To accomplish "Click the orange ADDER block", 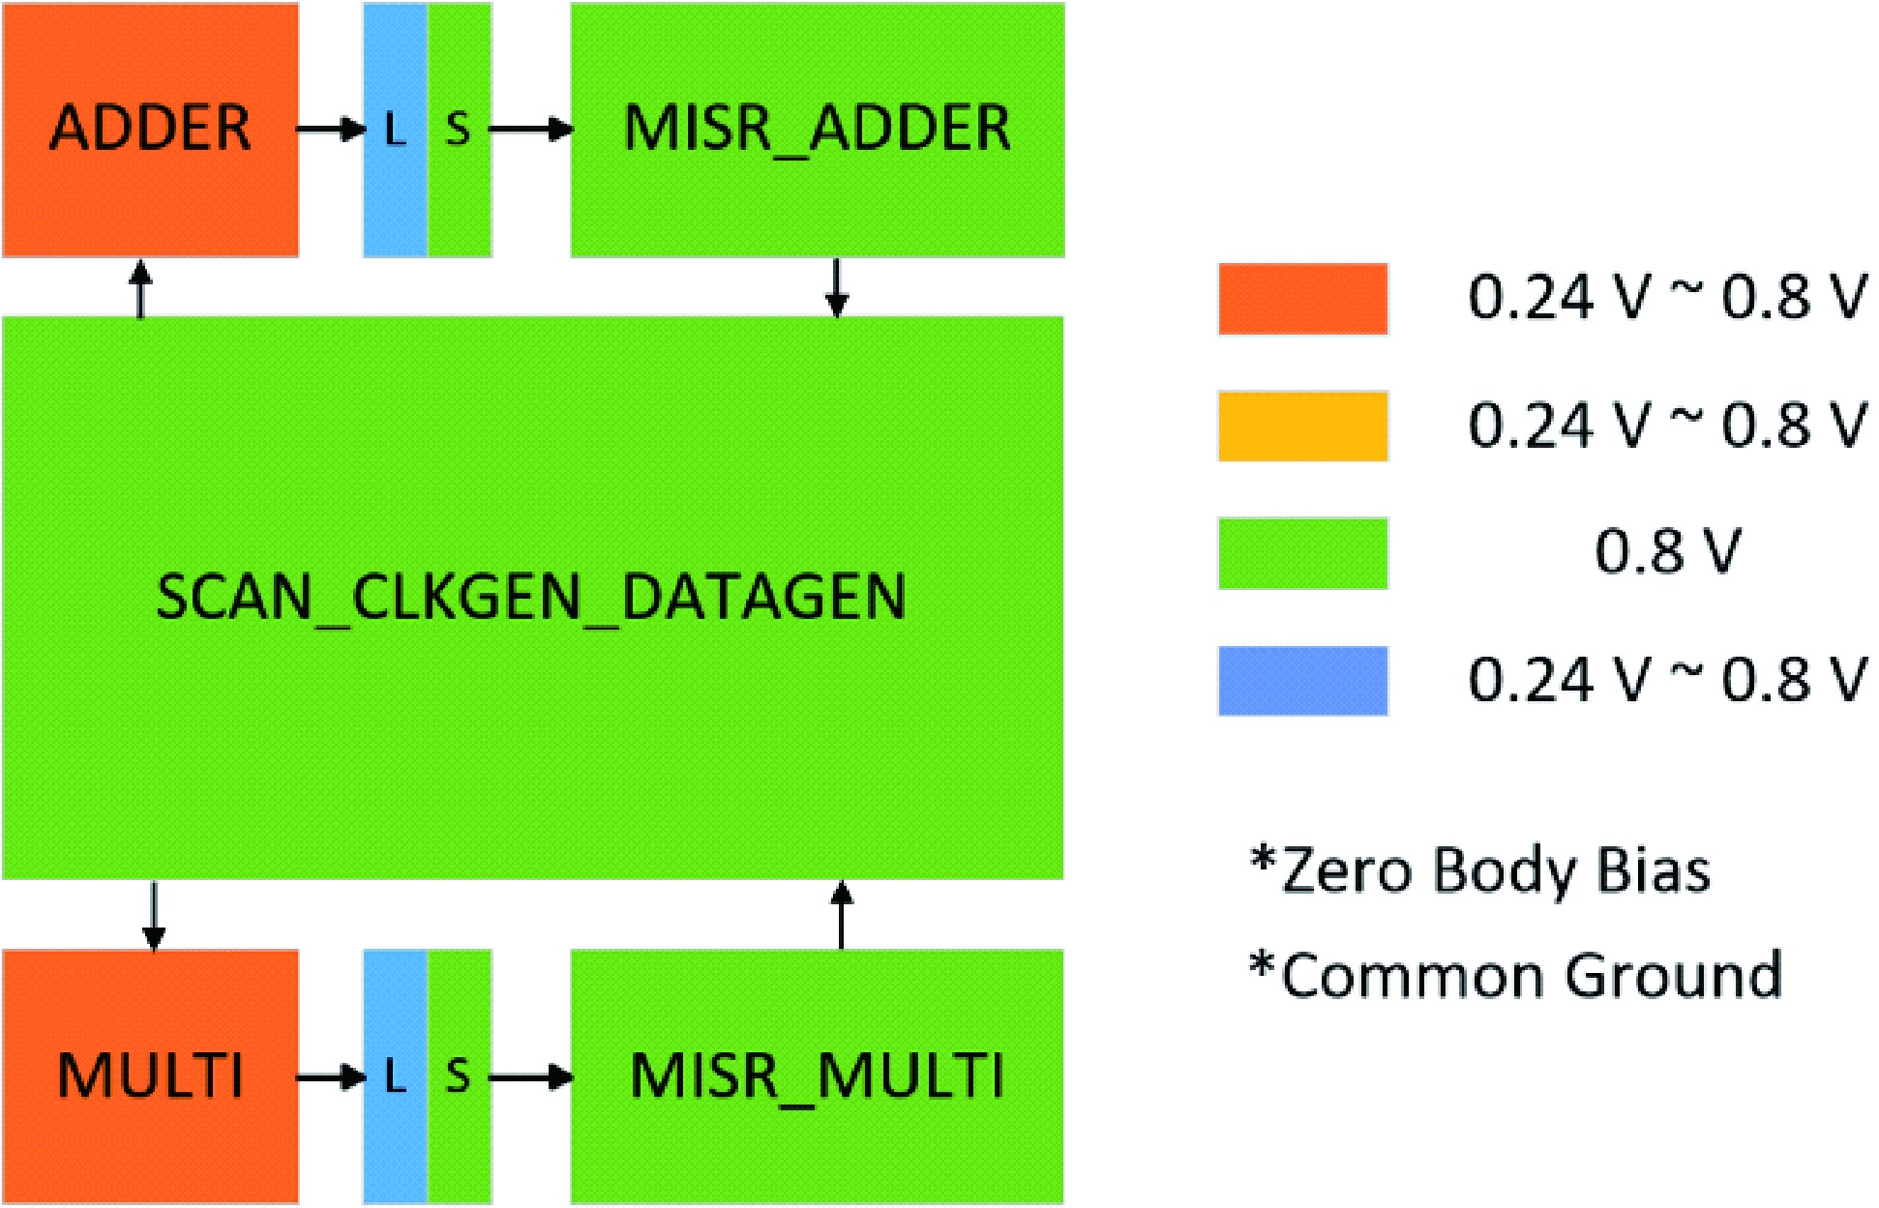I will (150, 130).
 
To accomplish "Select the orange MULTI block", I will (150, 1076).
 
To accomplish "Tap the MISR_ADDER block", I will (817, 130).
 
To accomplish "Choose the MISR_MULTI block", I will (817, 1076).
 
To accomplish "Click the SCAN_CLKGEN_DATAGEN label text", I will (531, 597).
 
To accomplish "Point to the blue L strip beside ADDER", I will (395, 130).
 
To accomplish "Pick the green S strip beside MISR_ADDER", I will (460, 130).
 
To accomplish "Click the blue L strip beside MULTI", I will (395, 1076).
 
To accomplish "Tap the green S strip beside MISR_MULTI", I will (460, 1076).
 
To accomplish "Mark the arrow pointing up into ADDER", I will (141, 287).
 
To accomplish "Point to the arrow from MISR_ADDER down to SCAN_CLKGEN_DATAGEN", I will (837, 287).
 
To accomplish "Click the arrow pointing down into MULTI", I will (153, 915).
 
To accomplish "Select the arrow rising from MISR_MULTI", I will (842, 915).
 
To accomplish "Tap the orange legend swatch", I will (1302, 299).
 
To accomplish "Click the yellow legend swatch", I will (1302, 427).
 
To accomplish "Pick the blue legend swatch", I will (1302, 681).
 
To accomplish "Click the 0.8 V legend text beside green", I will (1667, 553).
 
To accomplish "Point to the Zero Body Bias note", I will (1480, 870).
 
